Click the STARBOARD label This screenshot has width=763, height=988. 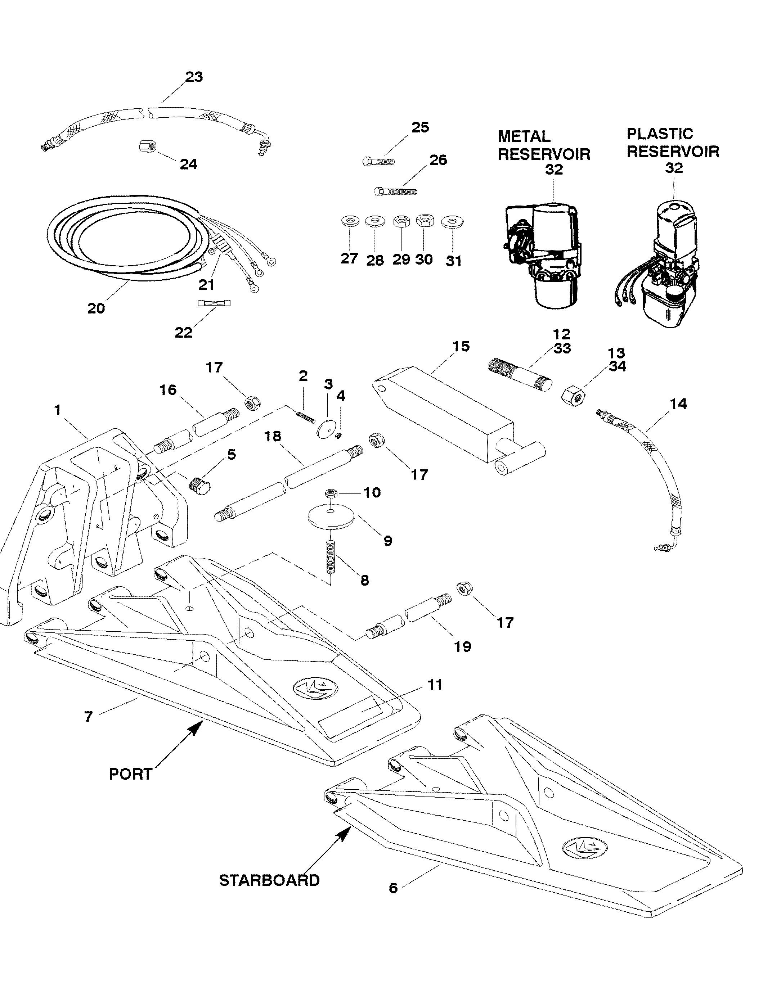pyautogui.click(x=269, y=880)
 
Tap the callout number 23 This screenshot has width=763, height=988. pyautogui.click(x=194, y=77)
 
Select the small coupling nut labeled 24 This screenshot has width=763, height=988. pyautogui.click(x=147, y=146)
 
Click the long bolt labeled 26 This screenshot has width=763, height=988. pyautogui.click(x=395, y=191)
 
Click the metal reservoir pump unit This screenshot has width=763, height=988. pyautogui.click(x=543, y=253)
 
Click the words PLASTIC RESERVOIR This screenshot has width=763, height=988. pyautogui.click(x=673, y=143)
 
